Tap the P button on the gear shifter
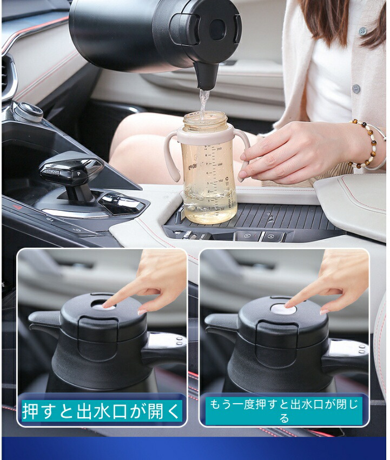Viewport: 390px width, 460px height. (79, 174)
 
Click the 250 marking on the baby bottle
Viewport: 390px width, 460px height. (219, 149)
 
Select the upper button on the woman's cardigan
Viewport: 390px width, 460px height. (363, 31)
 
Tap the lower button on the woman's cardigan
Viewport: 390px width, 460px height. (356, 88)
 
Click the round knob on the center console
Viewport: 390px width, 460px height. (29, 112)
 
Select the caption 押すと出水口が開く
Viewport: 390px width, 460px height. (102, 410)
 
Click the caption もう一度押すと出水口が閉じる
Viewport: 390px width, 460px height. (284, 410)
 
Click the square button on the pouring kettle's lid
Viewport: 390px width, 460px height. (218, 30)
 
